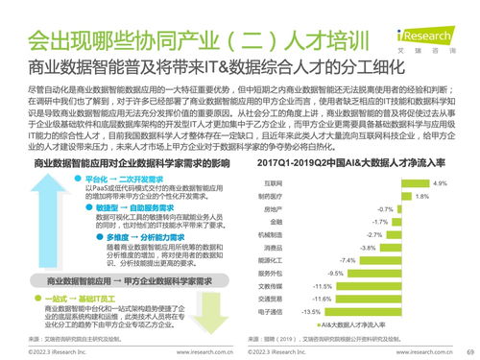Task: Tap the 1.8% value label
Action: [420, 196]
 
